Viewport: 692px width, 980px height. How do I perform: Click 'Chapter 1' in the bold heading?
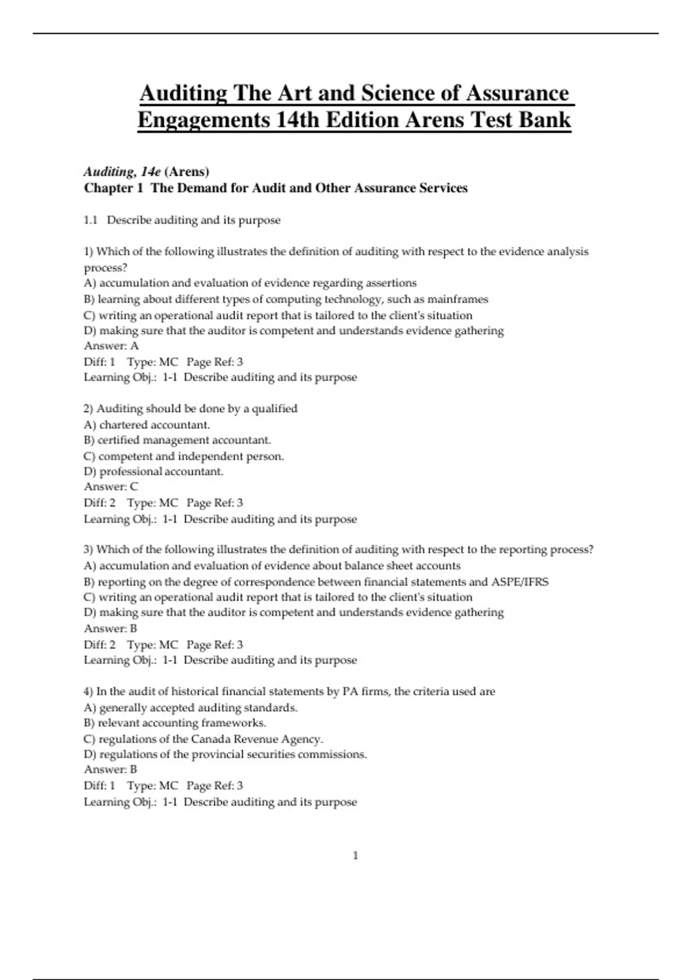coord(113,188)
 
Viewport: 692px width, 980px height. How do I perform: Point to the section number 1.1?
coord(91,220)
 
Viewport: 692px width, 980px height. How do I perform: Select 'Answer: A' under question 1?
coord(111,346)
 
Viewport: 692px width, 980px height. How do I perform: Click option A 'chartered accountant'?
coord(154,425)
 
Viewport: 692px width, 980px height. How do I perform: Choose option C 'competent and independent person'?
coord(191,456)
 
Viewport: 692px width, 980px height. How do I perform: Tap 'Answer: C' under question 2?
coord(111,487)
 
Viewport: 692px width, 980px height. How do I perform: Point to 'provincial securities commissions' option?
coord(288,755)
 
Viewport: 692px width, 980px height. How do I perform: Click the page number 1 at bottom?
coord(355,855)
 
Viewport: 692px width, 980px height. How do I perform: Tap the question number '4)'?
coord(89,692)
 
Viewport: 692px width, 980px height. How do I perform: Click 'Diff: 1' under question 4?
coord(100,786)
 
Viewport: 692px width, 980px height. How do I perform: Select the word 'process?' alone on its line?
coord(106,268)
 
